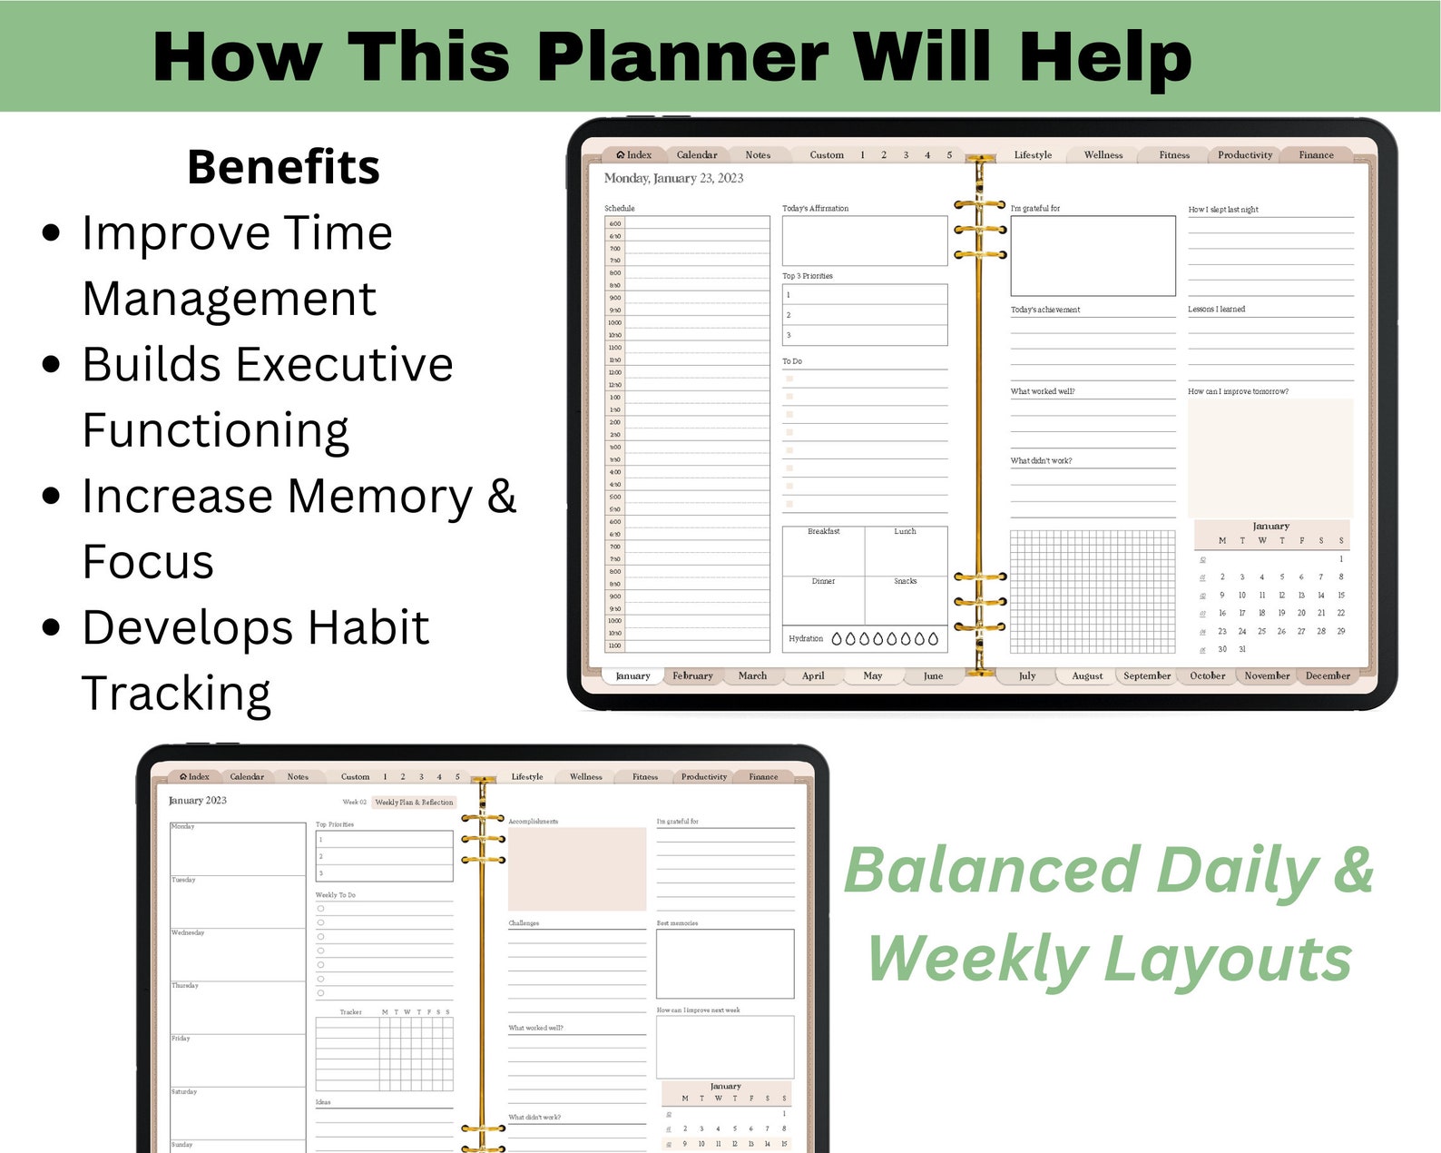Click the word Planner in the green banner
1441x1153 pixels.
point(682,57)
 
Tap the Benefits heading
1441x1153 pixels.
point(283,167)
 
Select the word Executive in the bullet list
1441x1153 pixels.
point(268,364)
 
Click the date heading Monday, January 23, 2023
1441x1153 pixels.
point(673,179)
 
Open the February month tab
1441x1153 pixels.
point(692,675)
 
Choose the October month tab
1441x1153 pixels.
point(1207,675)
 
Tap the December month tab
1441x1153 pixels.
point(1328,675)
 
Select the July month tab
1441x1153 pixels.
point(1027,675)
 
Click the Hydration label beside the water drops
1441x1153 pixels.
point(806,638)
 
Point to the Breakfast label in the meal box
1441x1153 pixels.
point(823,531)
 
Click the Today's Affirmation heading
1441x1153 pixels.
point(815,209)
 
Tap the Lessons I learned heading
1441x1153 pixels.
point(1216,310)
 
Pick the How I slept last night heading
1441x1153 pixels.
point(1223,210)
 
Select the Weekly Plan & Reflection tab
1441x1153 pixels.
point(414,803)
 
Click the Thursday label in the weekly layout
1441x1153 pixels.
point(185,985)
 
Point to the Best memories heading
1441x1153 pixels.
point(677,923)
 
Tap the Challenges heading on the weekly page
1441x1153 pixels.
point(524,923)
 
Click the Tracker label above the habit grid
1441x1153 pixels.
point(350,1011)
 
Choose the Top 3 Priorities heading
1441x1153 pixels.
point(807,276)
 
